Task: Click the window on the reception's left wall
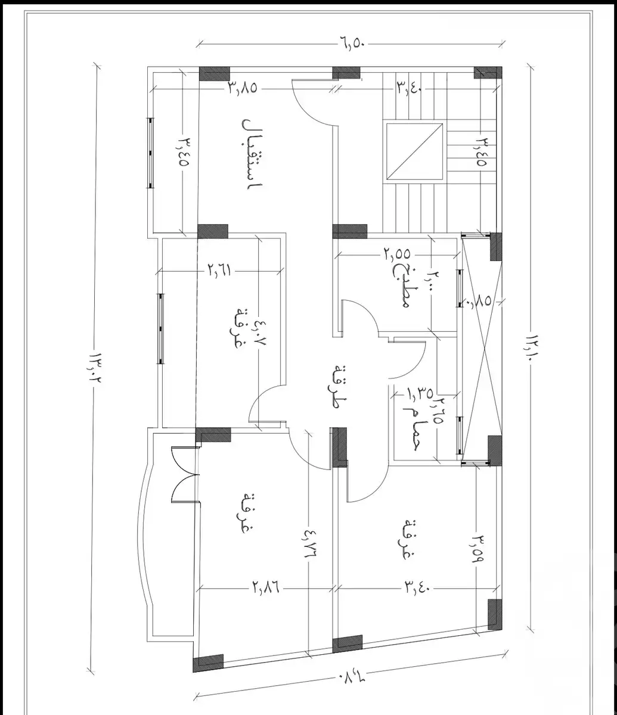tap(150, 153)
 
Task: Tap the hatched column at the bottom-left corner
tap(208, 662)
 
